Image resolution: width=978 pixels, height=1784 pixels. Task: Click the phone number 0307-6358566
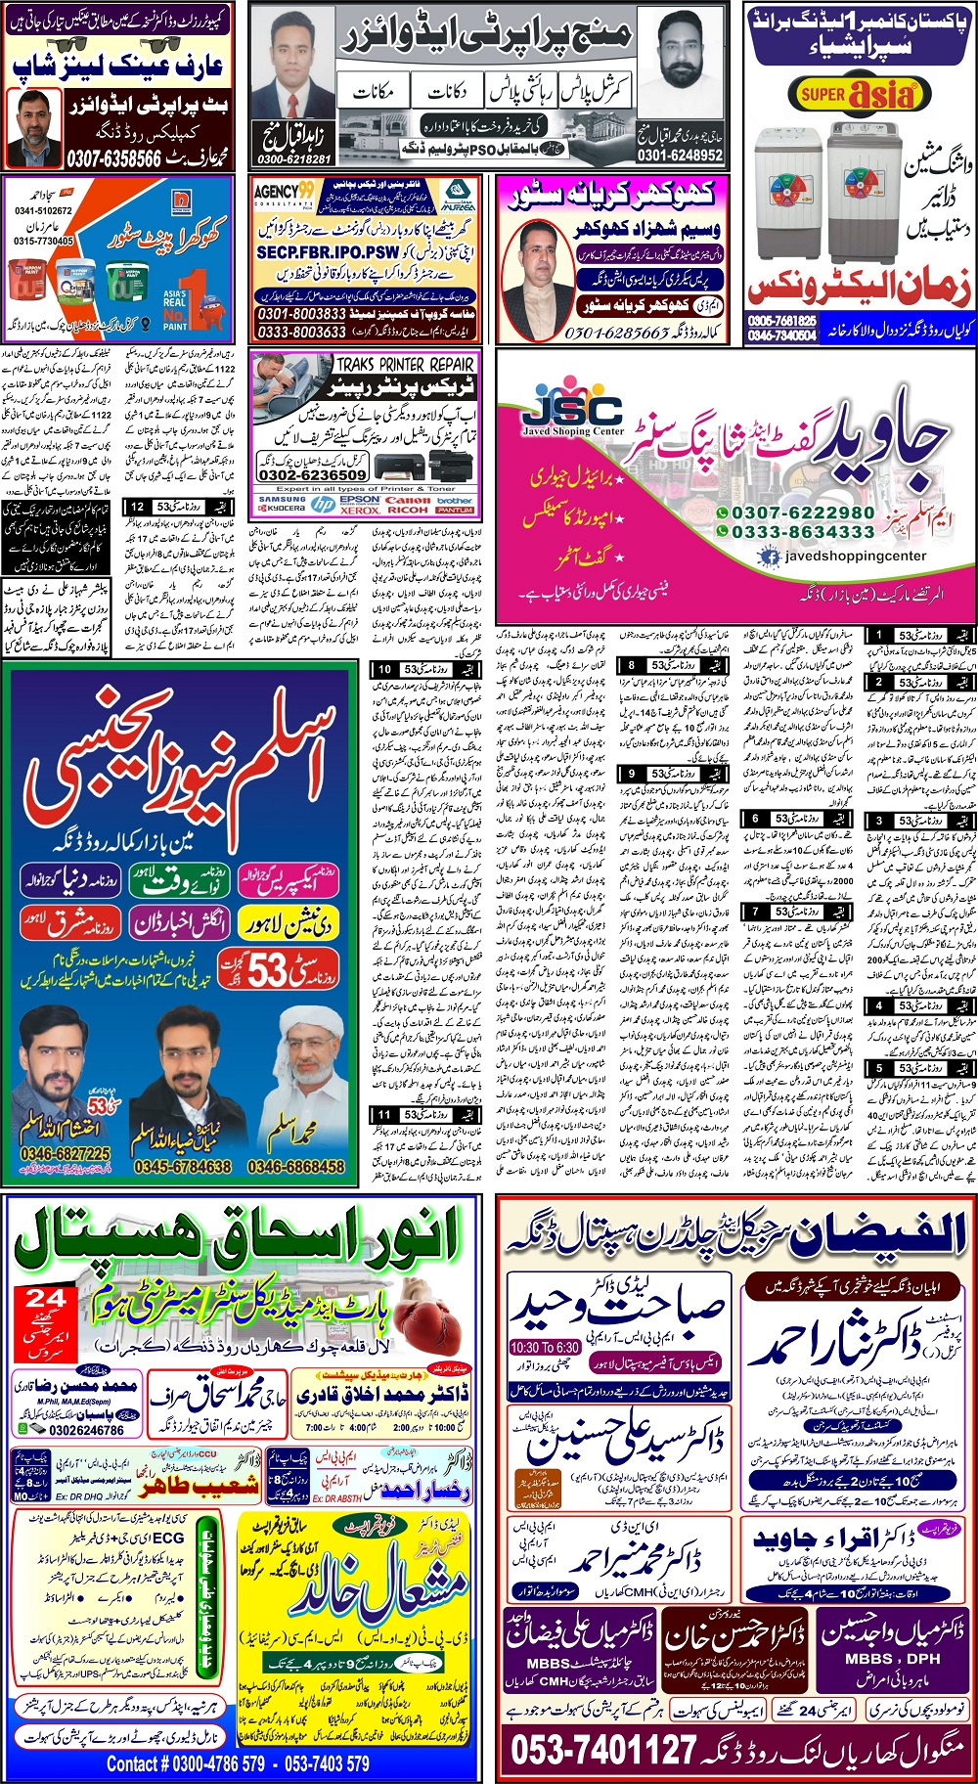113,158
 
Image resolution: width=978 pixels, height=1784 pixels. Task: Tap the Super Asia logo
857,94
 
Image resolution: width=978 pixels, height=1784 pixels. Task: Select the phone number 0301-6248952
680,155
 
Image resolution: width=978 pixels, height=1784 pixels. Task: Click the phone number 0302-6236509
312,474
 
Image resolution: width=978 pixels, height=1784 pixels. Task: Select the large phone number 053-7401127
604,1749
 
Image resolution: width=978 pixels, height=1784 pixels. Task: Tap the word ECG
167,1539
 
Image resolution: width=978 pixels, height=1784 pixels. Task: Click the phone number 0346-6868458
294,1167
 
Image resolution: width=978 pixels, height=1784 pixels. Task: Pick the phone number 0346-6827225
66,1155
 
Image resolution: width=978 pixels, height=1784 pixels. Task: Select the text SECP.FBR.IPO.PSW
328,251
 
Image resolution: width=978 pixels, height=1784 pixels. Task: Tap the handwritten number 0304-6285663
616,333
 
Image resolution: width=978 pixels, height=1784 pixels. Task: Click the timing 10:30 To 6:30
544,1347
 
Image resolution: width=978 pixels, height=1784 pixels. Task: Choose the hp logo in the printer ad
323,504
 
